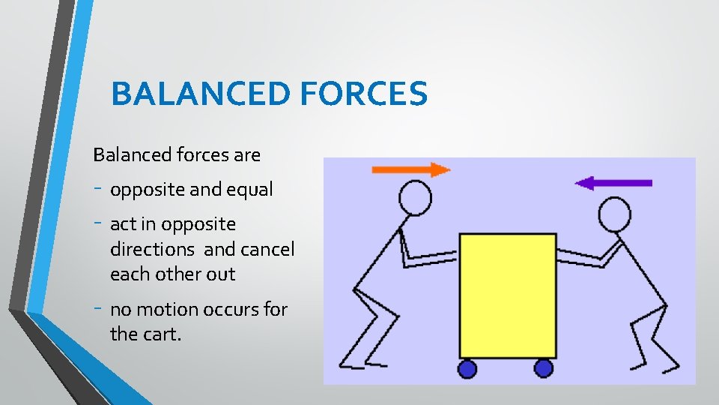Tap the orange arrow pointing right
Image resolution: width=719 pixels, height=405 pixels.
(x=411, y=169)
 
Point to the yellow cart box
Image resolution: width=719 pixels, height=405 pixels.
(x=507, y=295)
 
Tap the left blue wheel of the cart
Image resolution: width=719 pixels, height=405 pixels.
(x=467, y=368)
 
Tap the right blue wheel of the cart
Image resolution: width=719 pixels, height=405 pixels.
(x=544, y=368)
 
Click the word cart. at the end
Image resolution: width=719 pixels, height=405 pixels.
(x=161, y=334)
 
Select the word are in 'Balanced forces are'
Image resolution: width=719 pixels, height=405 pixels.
(x=246, y=155)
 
